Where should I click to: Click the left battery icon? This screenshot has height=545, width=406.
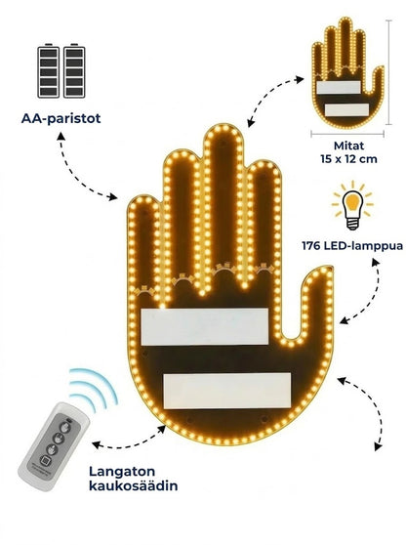[48, 70]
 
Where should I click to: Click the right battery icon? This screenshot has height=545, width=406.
[74, 70]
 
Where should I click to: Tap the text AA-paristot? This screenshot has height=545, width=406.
[61, 118]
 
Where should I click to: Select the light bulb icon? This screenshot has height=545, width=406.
[352, 206]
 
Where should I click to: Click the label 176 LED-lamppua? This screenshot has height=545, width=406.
[352, 246]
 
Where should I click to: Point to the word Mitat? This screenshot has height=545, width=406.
[348, 146]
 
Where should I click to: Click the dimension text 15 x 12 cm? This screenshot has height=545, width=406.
[348, 159]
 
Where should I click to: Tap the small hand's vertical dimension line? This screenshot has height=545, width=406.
[389, 72]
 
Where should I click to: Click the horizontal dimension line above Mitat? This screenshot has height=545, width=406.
[347, 133]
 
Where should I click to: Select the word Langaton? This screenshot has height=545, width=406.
[122, 472]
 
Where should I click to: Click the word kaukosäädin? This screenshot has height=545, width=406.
[134, 485]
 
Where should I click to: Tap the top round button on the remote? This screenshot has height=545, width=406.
[63, 426]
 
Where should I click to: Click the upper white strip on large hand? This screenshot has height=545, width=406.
[205, 327]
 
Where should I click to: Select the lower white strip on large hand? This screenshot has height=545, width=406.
[226, 391]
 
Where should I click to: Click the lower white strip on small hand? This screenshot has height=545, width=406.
[346, 109]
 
